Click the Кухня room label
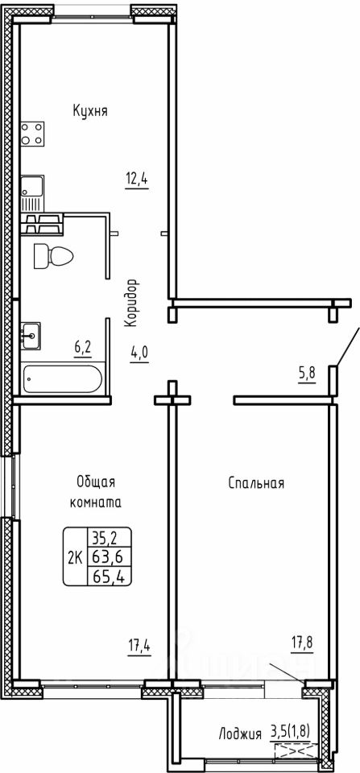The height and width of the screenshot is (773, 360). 90,110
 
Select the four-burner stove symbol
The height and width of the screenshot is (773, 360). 32,134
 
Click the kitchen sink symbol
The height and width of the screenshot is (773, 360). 32,193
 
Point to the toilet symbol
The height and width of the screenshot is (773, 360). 53,256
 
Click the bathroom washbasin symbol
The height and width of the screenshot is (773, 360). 31,336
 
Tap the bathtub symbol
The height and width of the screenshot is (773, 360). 63,378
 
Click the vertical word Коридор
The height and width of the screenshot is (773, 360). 130,303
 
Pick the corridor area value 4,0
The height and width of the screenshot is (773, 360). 139,354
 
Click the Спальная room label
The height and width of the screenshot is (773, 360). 256,483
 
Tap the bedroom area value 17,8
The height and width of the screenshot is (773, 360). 302,643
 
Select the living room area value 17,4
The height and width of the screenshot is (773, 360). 139,647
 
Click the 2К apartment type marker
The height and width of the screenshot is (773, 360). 75,557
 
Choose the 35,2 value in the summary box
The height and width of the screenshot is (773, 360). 108,536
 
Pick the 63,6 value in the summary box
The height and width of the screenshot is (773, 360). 108,557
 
